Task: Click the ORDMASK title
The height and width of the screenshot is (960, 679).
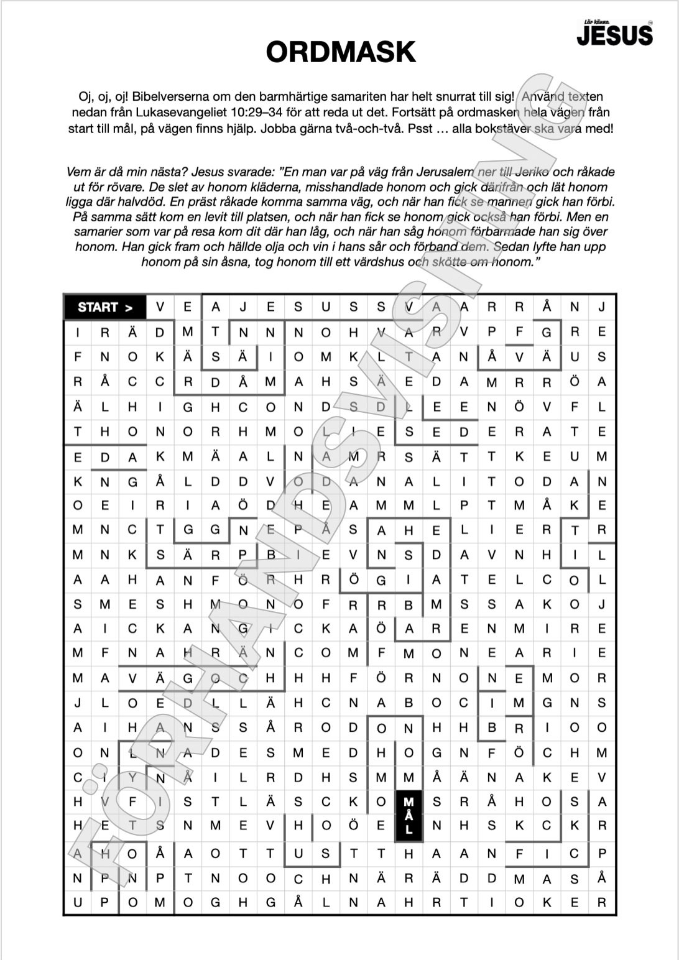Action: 340,52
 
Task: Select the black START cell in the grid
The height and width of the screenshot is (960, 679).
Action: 105,307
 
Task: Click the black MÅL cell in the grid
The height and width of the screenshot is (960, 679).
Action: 409,815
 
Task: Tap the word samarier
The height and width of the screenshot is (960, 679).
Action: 101,232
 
